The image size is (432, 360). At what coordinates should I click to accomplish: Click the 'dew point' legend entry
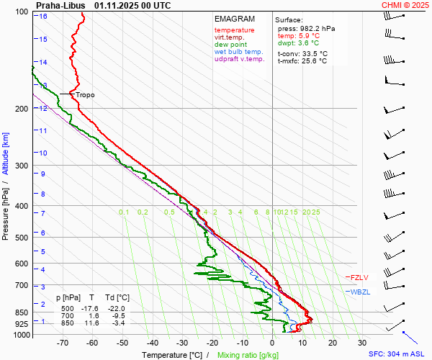coord(230,45)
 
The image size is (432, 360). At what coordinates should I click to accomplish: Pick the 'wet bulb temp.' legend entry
coord(239,52)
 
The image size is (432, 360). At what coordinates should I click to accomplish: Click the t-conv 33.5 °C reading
coord(302,53)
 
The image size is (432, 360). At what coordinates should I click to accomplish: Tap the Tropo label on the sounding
coord(85,94)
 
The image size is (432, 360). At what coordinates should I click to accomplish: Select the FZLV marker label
coord(359,277)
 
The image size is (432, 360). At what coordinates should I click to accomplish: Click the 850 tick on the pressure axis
coord(20,313)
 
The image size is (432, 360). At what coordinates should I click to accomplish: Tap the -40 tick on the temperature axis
coord(152,343)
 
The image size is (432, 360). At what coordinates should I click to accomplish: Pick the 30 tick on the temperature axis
coord(362,343)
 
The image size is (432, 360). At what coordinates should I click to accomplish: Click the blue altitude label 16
coord(43,17)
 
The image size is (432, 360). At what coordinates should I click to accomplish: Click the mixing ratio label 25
coord(315,212)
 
